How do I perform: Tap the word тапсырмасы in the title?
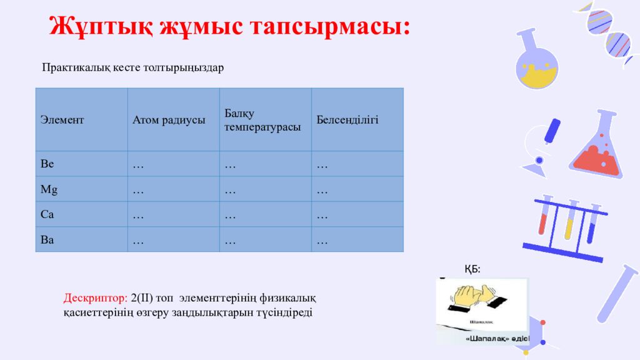point(330,27)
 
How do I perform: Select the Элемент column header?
point(62,120)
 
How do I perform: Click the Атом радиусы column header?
point(169,120)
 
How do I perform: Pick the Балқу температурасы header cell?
point(262,120)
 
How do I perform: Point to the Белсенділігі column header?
point(347,120)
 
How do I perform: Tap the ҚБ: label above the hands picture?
point(472,269)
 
